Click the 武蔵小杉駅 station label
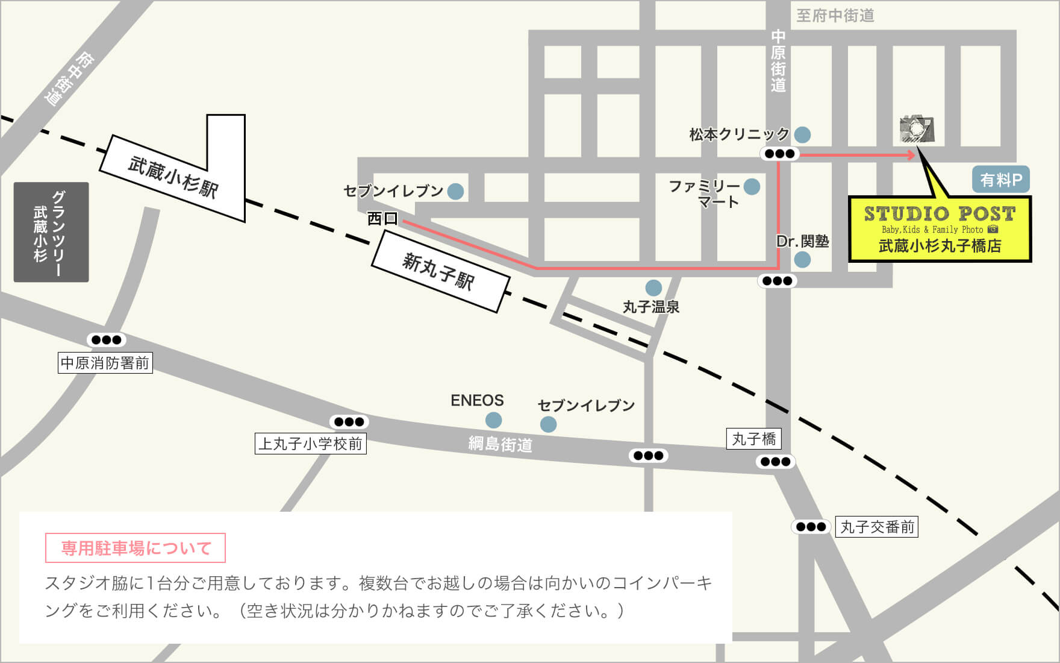173,177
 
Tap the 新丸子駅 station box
440,272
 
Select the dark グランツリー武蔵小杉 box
51,232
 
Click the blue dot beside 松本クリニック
802,134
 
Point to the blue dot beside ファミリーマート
751,186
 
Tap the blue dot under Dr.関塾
802,260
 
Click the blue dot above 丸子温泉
653,288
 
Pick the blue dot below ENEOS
493,419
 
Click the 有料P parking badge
1000,180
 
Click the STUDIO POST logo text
940,214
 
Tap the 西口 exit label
382,218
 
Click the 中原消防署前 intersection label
105,363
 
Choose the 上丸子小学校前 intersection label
310,444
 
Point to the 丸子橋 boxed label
753,439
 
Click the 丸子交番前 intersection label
877,527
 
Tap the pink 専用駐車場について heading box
136,548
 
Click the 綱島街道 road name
500,445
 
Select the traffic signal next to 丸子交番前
811,527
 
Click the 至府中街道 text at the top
835,16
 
